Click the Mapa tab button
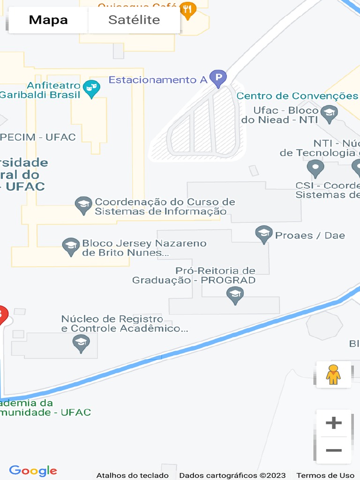(48, 20)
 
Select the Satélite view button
(134, 20)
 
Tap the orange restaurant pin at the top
(188, 10)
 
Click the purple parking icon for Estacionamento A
(218, 78)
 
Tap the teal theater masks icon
(91, 88)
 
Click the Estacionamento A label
(158, 80)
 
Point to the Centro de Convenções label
(297, 96)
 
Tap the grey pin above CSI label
(315, 168)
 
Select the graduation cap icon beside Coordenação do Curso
(83, 205)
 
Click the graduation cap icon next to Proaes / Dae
(264, 234)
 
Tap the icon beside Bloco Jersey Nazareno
(71, 247)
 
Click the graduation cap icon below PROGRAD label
(235, 295)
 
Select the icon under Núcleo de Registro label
(81, 343)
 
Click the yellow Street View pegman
(333, 375)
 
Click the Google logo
(33, 471)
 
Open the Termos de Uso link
(325, 475)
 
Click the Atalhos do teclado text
(133, 475)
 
